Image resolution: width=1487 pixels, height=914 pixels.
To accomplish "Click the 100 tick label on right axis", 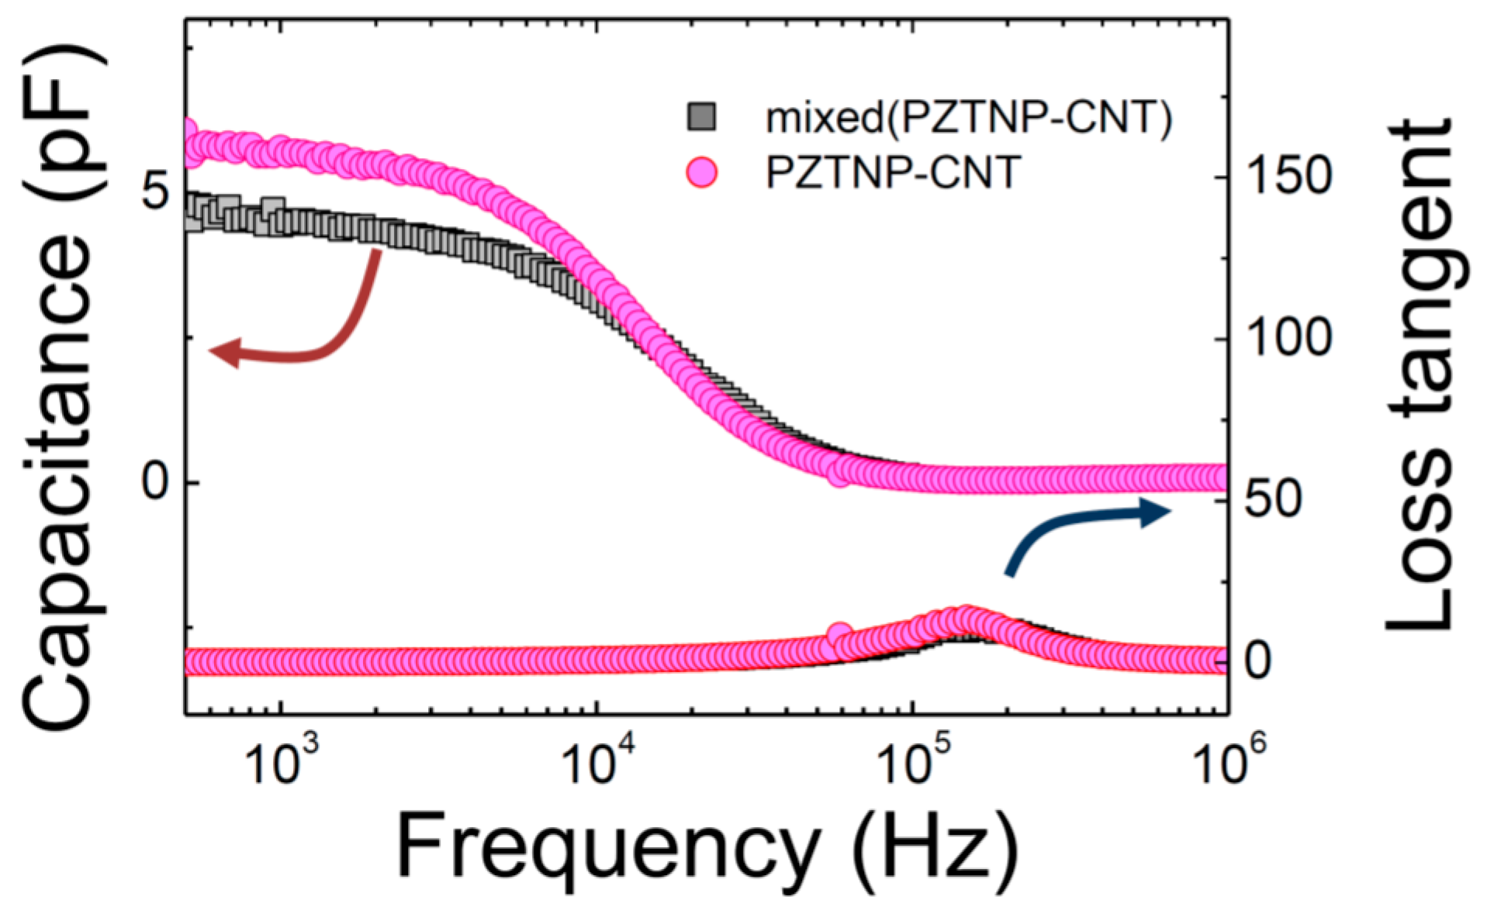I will (x=1288, y=338).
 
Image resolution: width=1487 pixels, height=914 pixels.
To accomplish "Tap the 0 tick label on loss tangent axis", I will (x=1257, y=660).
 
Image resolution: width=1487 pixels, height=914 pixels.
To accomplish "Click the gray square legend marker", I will (x=702, y=117).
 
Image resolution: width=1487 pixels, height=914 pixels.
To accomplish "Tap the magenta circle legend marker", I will (x=702, y=172).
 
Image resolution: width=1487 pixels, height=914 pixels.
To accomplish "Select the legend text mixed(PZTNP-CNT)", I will (x=968, y=118).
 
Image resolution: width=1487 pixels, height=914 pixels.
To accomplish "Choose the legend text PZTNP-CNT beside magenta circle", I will (x=892, y=172).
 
